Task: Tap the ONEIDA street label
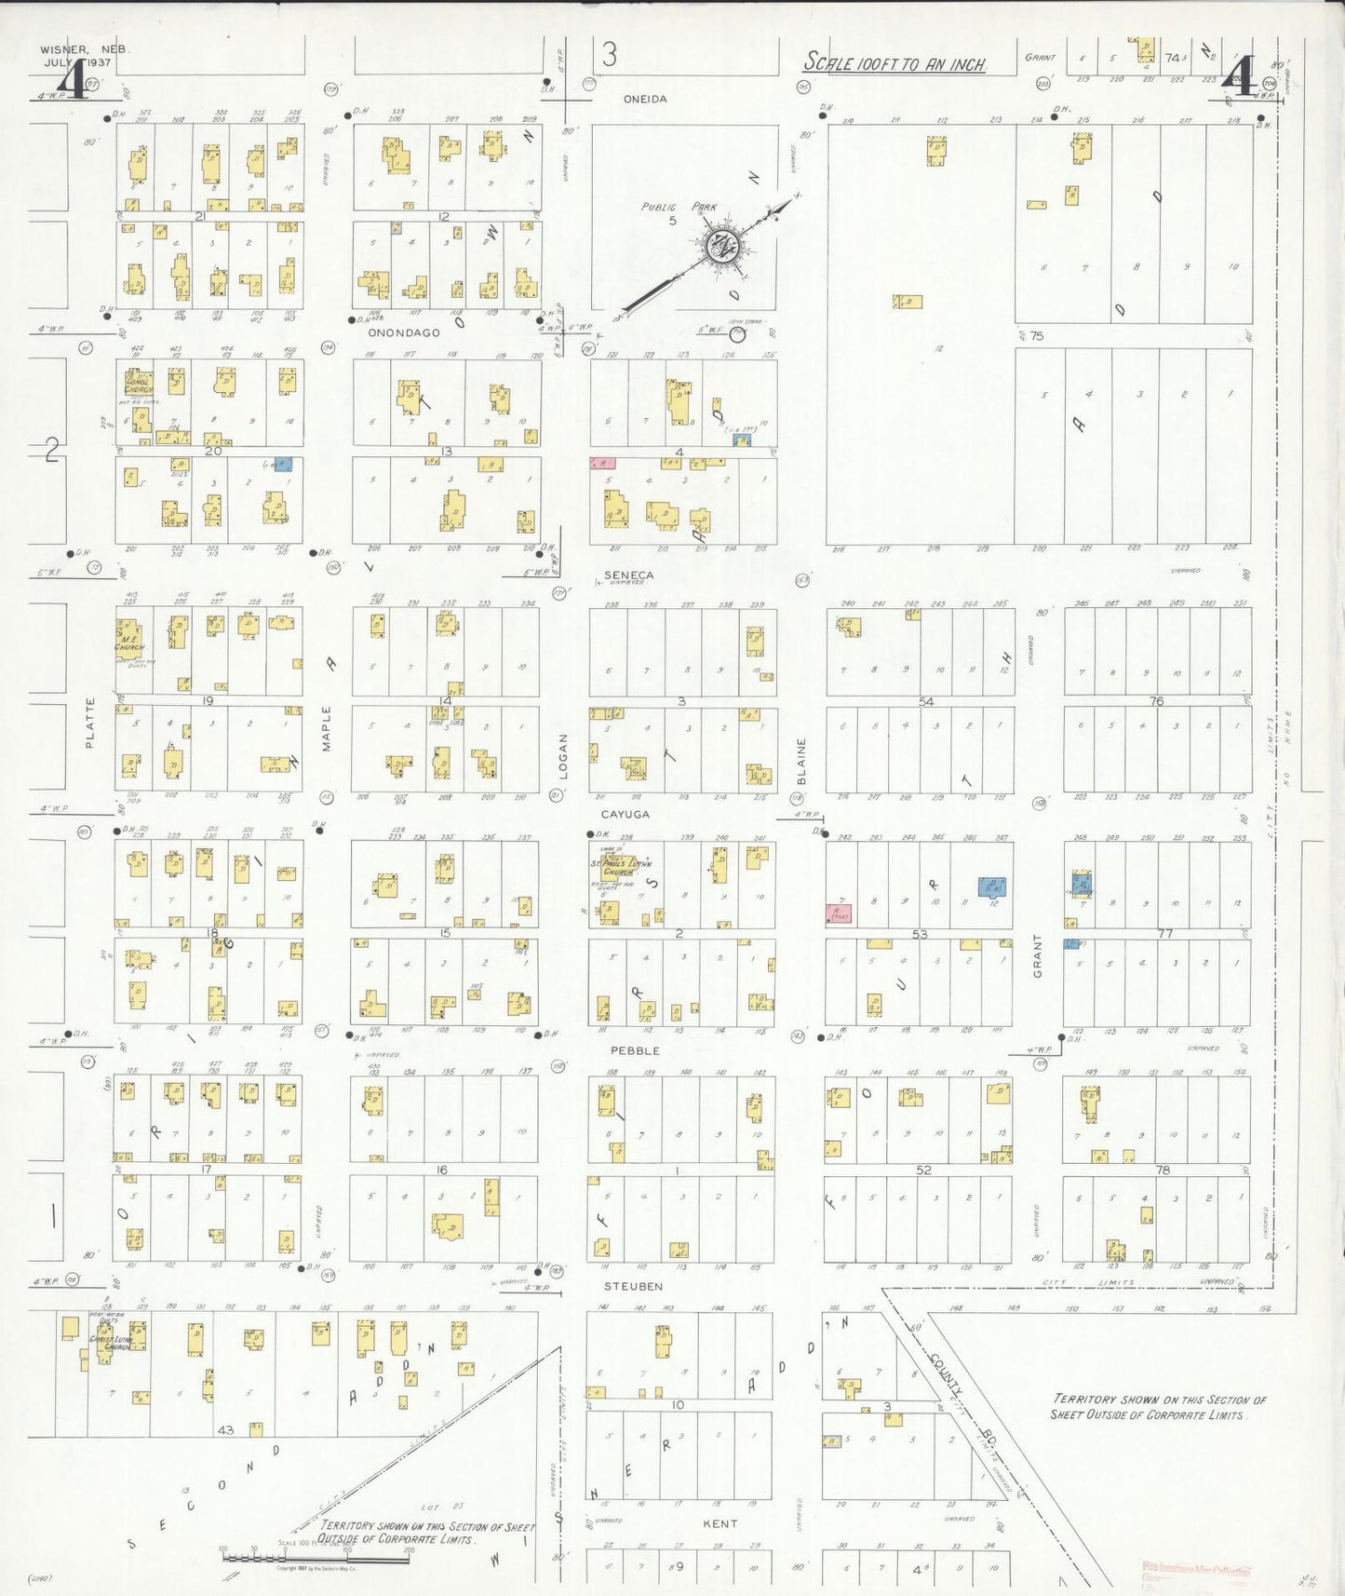[x=645, y=99]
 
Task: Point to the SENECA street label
[x=628, y=575]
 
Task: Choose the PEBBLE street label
[x=635, y=1050]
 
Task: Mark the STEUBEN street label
[x=633, y=1286]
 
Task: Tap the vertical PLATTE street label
[x=90, y=723]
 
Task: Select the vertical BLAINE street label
[x=800, y=761]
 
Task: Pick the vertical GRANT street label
[x=1037, y=955]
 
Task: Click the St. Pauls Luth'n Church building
[x=621, y=868]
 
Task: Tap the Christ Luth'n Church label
[x=110, y=1345]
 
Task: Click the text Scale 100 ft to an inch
[x=894, y=63]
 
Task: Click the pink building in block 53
[x=839, y=913]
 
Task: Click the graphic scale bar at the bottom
[x=270, y=1553]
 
